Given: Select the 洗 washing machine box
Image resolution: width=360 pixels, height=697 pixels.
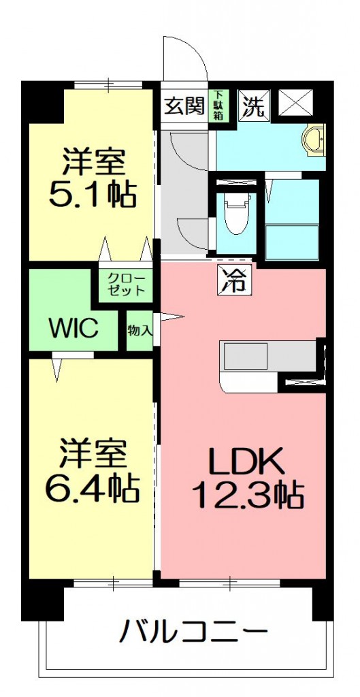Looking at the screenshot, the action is pos(253,105).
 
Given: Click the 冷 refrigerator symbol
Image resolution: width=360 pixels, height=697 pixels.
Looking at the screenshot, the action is pos(235,278).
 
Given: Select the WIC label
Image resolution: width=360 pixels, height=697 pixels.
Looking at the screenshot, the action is pos(73,329).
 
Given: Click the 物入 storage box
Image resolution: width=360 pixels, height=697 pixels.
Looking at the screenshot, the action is pos(140,331).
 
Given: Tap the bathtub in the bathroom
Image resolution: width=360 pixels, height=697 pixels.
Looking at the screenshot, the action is pos(292,242).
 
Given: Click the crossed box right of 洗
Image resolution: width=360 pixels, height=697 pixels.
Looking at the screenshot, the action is pos(295,104).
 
